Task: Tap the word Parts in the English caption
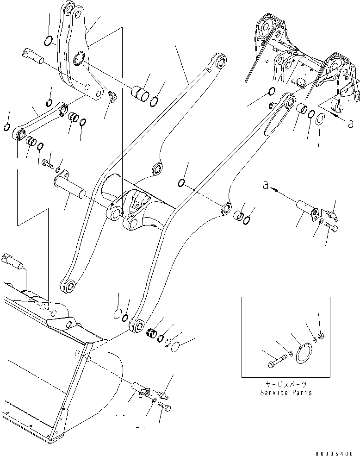click(301, 393)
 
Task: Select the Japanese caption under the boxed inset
click(286, 385)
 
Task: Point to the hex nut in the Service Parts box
click(322, 335)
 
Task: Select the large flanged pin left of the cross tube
click(69, 185)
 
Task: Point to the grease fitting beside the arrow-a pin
click(332, 214)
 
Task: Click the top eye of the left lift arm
click(220, 61)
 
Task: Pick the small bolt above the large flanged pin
click(45, 162)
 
